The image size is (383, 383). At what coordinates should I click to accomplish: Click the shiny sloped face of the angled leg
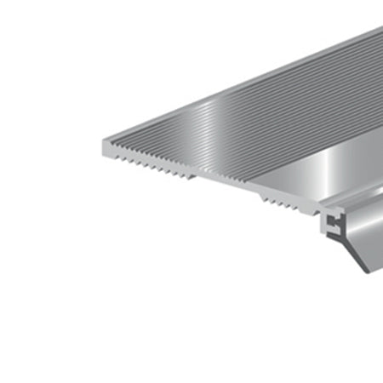pos(362,238)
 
